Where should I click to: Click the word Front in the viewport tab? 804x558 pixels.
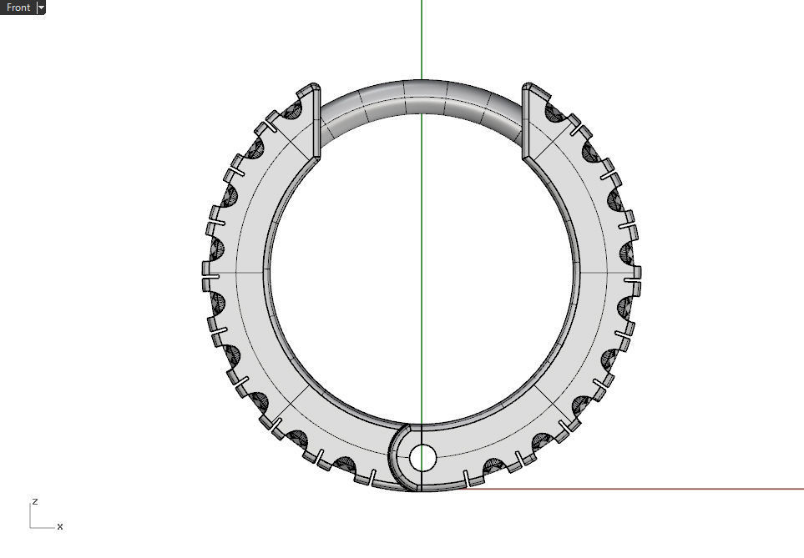coord(18,8)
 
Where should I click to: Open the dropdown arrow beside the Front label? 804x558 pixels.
coord(41,8)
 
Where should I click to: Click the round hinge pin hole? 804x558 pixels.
coord(422,457)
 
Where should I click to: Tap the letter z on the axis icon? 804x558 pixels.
coord(34,501)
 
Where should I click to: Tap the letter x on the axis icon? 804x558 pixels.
coord(60,526)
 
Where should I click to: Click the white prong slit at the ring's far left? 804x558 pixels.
coord(210,274)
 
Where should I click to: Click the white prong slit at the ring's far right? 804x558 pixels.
coord(633,273)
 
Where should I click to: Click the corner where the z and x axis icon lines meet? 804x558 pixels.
coord(31,527)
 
